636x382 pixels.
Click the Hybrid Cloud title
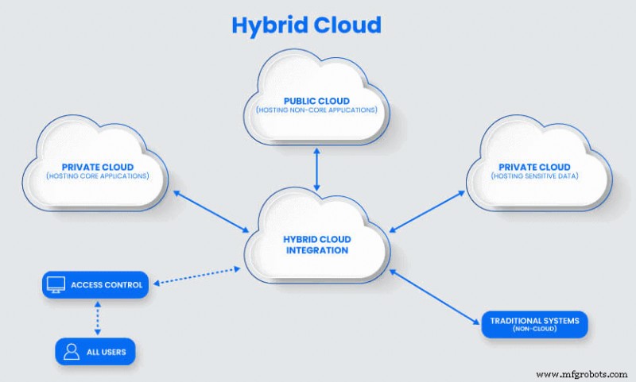(307, 25)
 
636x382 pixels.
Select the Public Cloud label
(316, 101)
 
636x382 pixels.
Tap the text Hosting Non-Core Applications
(316, 110)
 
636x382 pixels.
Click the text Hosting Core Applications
(97, 176)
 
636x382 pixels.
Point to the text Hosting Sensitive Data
(539, 176)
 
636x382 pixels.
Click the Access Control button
(96, 284)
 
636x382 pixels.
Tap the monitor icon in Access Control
(56, 284)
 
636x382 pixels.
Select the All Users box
(96, 351)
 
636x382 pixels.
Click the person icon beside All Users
(72, 351)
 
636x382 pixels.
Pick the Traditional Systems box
(534, 324)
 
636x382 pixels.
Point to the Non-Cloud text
(533, 330)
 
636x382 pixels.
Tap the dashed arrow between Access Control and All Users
(97, 318)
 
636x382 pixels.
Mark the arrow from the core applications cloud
(209, 210)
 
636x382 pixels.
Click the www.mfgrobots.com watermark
(584, 373)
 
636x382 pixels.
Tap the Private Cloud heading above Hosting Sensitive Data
(539, 166)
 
